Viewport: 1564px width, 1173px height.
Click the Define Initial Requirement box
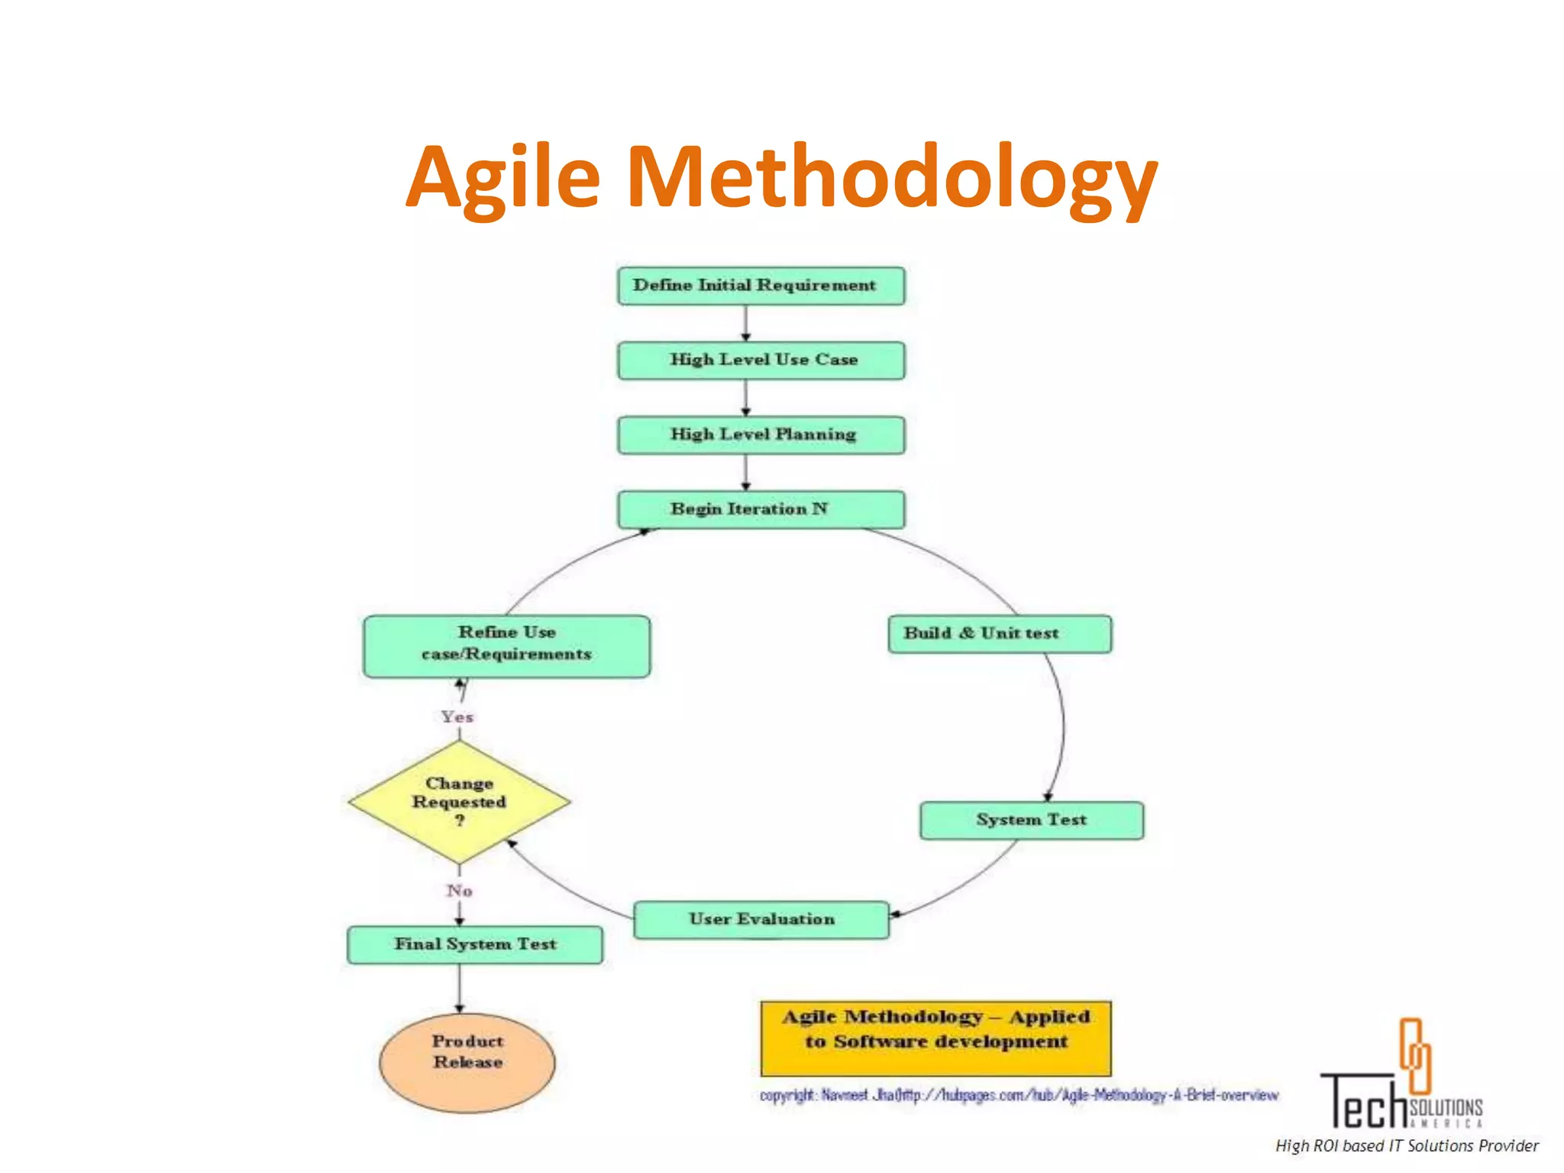[x=761, y=286]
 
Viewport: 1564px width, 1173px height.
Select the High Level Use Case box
[x=761, y=360]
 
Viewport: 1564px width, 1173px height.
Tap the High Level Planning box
[x=761, y=435]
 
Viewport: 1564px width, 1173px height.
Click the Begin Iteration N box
[x=761, y=509]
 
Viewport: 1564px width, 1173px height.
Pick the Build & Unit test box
[x=999, y=634]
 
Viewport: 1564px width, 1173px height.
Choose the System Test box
[x=1031, y=820]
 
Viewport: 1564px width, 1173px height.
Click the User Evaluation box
[x=761, y=919]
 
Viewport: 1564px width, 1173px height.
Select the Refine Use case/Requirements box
[x=506, y=646]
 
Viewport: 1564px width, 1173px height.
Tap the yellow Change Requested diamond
[x=459, y=802]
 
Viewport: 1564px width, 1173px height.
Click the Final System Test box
[x=474, y=945]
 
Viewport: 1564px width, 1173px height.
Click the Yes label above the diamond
[x=457, y=717]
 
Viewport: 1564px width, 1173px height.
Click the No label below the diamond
[x=459, y=890]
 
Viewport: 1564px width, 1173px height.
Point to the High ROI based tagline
[x=1407, y=1146]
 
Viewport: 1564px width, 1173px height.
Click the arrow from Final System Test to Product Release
[x=459, y=988]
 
